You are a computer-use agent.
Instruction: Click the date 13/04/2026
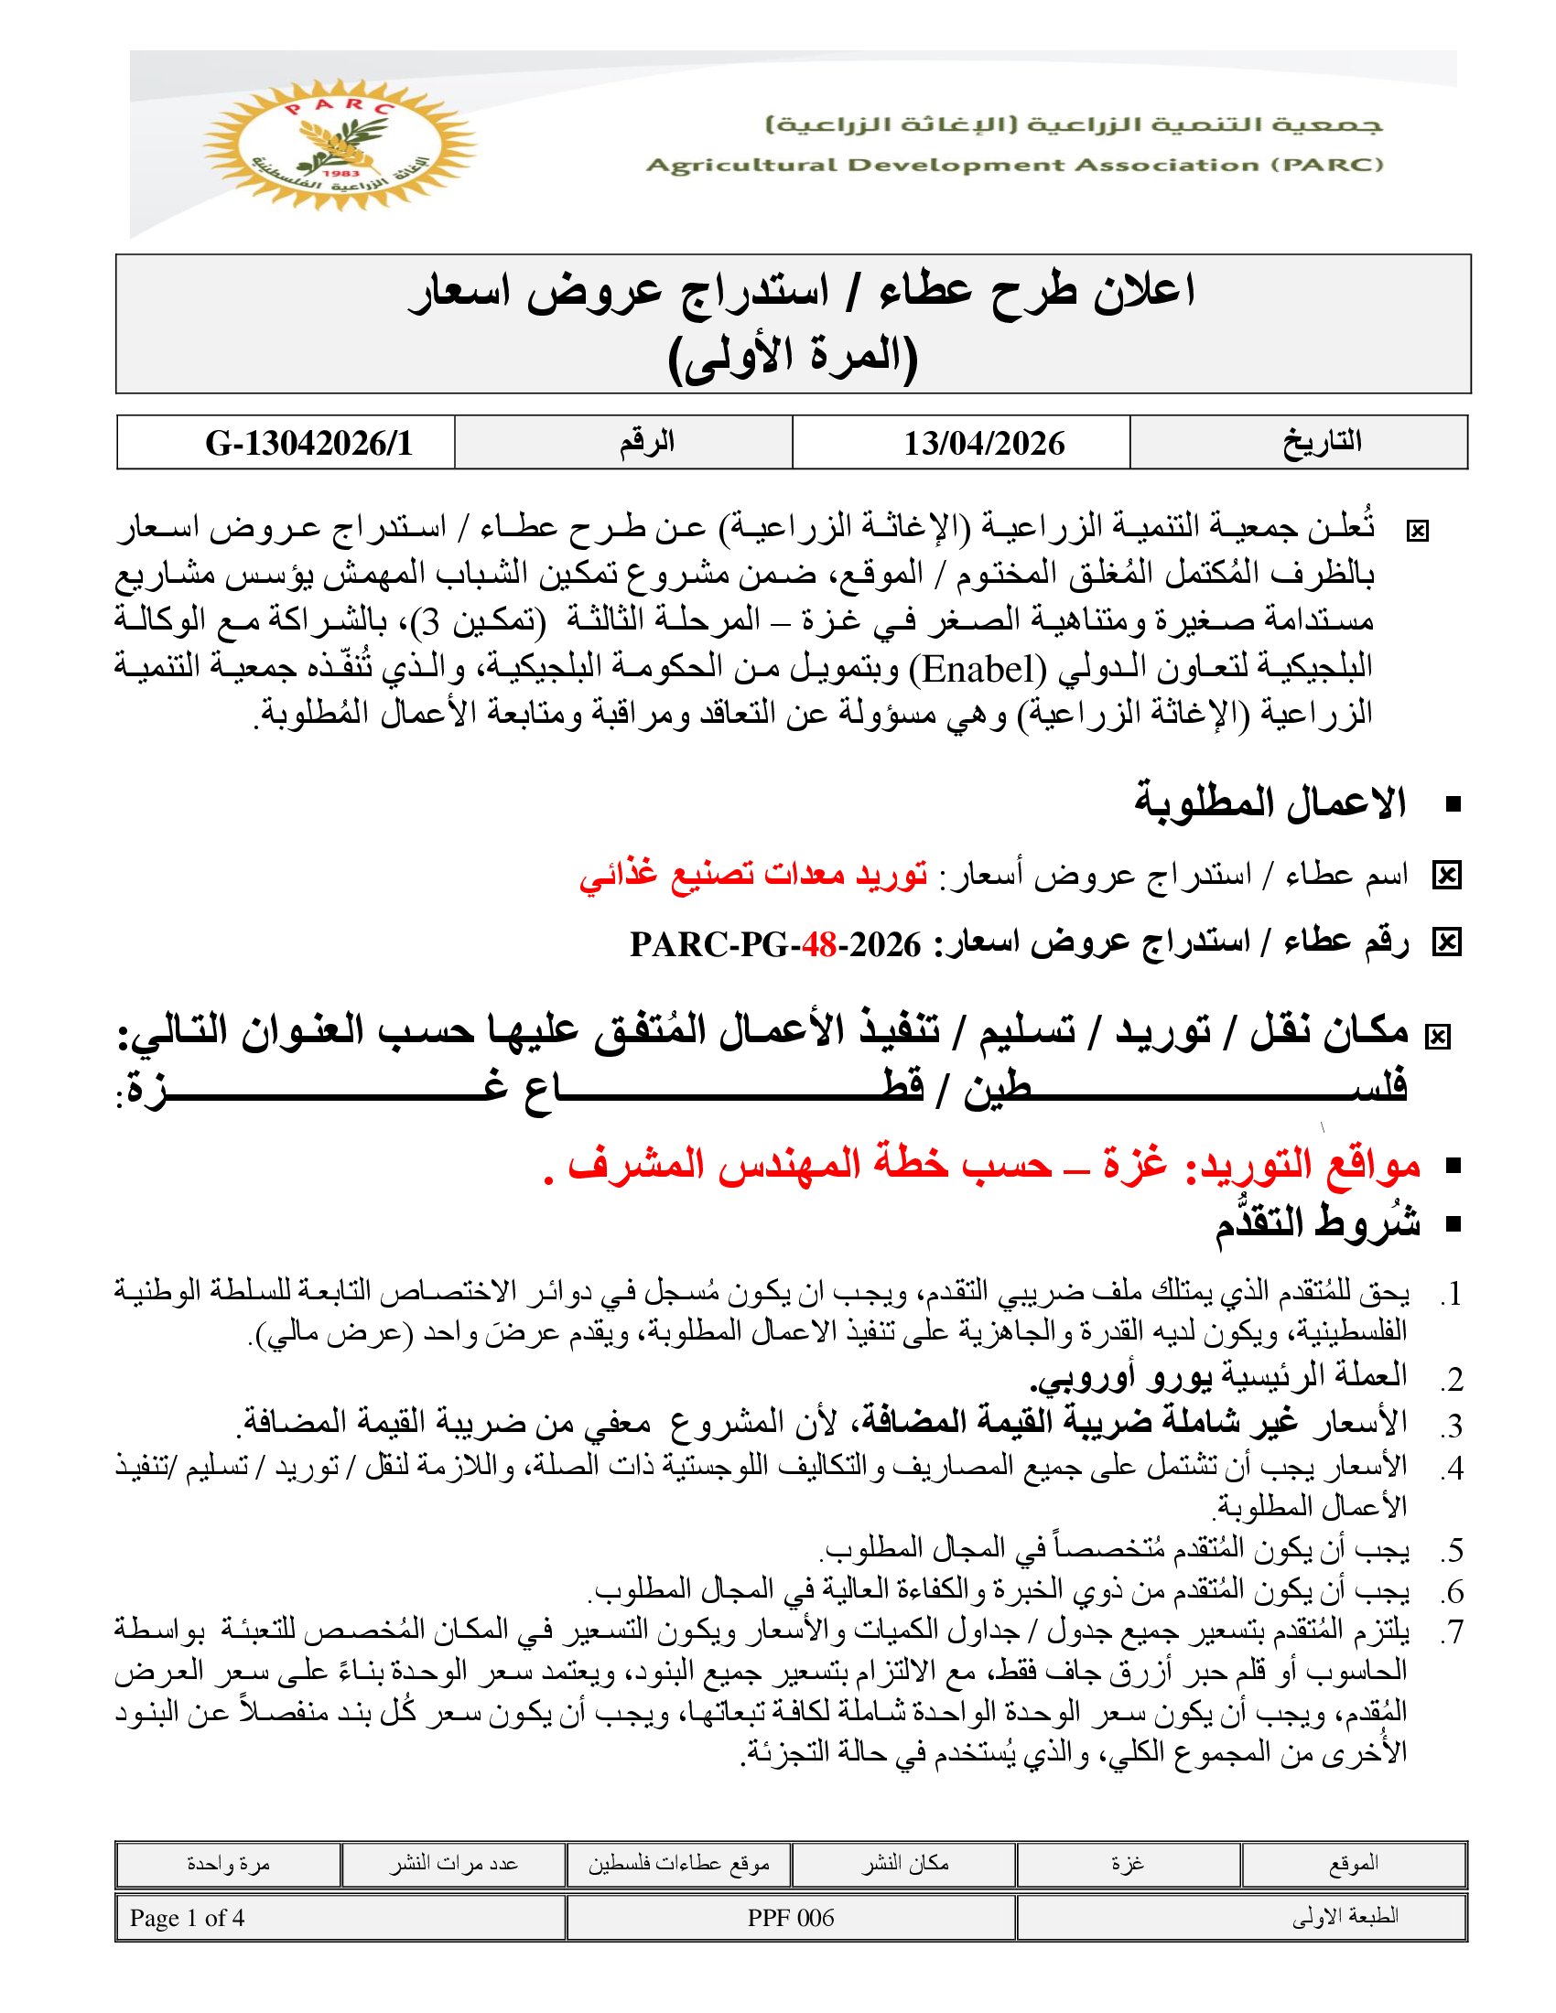click(x=984, y=444)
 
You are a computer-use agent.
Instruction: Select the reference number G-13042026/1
click(x=308, y=444)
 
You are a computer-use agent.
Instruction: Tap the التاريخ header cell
click(x=1321, y=443)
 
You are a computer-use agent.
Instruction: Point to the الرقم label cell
click(x=646, y=443)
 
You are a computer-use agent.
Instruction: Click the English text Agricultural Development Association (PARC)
click(x=1014, y=165)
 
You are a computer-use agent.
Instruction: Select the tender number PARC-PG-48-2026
click(x=775, y=945)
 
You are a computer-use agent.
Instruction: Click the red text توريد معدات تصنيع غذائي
click(x=753, y=874)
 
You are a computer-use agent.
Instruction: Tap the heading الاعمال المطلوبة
click(x=1270, y=802)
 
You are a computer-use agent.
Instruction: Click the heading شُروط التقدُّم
click(x=1316, y=1225)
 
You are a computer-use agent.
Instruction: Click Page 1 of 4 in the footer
click(x=187, y=1918)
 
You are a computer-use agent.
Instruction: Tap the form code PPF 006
click(x=790, y=1918)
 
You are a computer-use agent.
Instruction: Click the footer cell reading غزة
click(x=1128, y=1865)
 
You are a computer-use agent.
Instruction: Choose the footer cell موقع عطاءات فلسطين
click(x=678, y=1865)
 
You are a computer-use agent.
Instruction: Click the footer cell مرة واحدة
click(x=228, y=1865)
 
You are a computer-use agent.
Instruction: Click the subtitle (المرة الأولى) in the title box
click(x=793, y=357)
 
